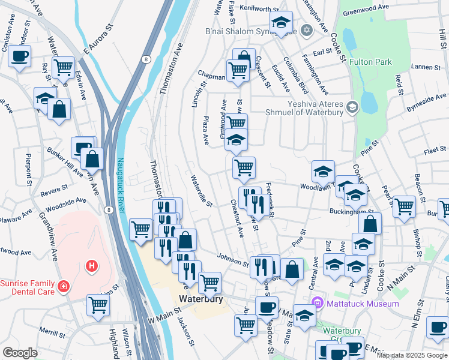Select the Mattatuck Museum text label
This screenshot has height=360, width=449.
pyautogui.click(x=363, y=304)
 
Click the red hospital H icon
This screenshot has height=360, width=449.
pyautogui.click(x=92, y=265)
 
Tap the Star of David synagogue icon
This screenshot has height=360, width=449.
pyautogui.click(x=307, y=30)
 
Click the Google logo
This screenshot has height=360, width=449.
pyautogui.click(x=20, y=353)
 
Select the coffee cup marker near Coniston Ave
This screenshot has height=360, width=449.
pyautogui.click(x=20, y=56)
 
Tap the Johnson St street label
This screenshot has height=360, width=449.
pyautogui.click(x=233, y=260)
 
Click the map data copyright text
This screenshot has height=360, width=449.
pyautogui.click(x=411, y=355)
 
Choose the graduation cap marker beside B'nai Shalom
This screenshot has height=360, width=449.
pyautogui.click(x=280, y=23)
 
